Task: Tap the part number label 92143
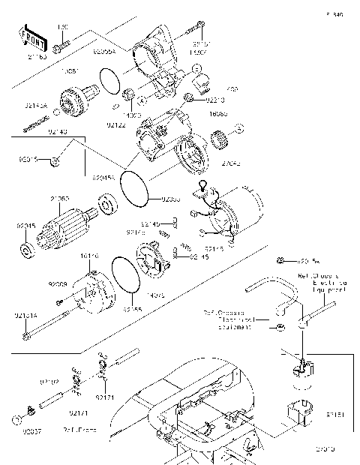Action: coord(58,132)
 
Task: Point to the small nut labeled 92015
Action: coord(57,160)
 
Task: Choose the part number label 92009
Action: coord(58,284)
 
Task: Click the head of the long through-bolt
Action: coord(28,337)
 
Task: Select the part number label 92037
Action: coord(31,432)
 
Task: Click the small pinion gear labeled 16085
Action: coord(220,137)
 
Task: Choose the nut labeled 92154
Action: coord(280,260)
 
